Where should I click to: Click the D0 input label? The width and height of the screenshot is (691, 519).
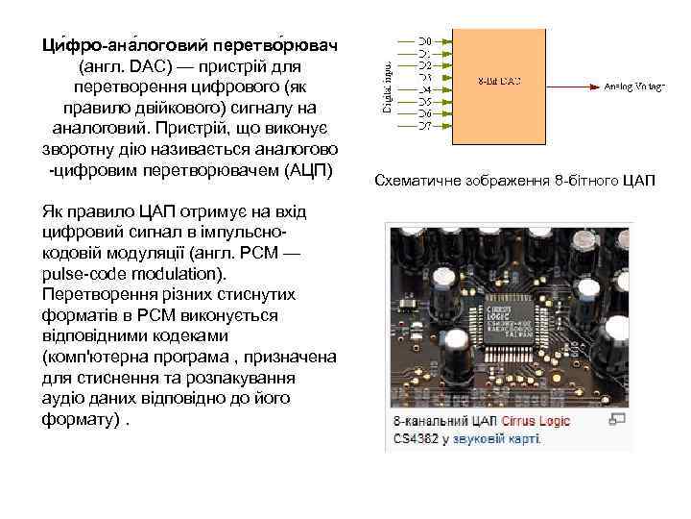(425, 41)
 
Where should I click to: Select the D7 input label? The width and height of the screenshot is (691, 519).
(425, 125)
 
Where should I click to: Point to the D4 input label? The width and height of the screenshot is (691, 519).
(425, 89)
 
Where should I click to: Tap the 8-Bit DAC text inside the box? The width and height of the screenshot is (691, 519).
(498, 81)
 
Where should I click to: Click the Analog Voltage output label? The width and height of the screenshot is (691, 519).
(634, 86)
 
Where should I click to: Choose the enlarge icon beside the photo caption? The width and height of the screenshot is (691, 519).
(617, 420)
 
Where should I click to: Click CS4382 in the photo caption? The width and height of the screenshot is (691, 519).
(416, 438)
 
